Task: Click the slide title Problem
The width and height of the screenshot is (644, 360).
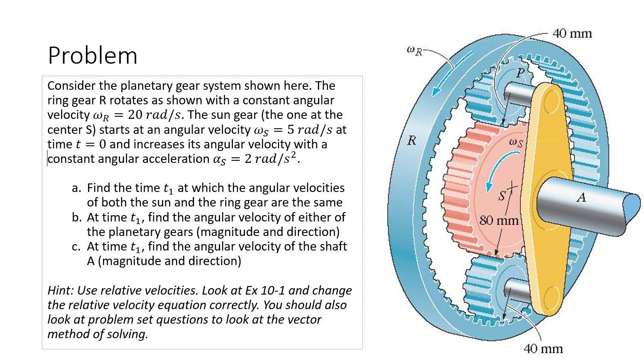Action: coord(93,56)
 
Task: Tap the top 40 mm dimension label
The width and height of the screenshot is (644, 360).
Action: coord(572,34)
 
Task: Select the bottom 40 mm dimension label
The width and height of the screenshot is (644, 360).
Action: coord(543,349)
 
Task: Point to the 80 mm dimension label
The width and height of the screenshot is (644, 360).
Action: coord(499,221)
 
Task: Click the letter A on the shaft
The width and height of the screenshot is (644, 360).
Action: coord(581,198)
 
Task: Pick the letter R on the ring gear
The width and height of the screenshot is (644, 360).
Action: coord(412,141)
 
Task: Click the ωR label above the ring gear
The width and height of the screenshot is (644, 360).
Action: coord(414,50)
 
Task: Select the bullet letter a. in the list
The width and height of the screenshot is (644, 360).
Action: coord(76,188)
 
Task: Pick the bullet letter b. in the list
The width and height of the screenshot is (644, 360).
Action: coord(77,217)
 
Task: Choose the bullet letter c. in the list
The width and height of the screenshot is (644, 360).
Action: coord(76,247)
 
